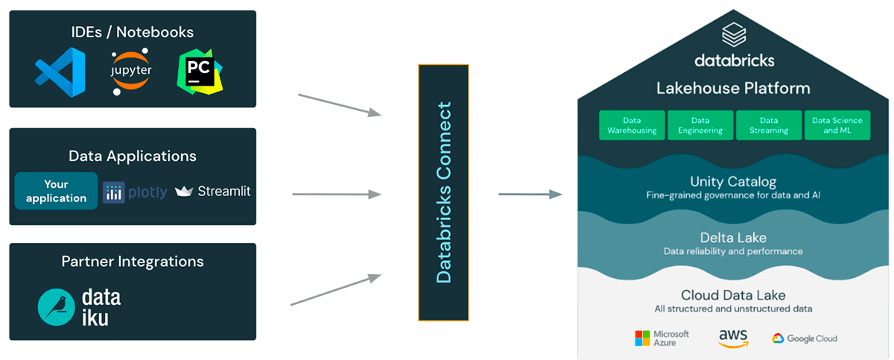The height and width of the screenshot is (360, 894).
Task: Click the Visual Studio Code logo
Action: (60, 72)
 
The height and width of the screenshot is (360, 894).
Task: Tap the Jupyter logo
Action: (130, 72)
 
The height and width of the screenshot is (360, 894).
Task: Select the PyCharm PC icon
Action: (199, 72)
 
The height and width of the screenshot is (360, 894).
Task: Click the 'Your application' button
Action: (57, 191)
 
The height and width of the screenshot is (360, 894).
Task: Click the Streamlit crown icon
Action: (184, 192)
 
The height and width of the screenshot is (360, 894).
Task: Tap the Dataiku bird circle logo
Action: (59, 307)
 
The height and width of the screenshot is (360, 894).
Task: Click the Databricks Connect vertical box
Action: (443, 192)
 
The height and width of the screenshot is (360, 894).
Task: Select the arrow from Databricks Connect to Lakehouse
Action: (530, 195)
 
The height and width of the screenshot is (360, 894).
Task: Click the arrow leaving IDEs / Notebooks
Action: (339, 104)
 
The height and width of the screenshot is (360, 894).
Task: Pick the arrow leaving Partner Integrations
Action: (335, 290)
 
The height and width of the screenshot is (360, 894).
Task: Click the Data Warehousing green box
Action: (632, 125)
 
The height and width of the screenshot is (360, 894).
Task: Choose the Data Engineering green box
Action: (700, 125)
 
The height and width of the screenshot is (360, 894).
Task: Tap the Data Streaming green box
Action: (769, 125)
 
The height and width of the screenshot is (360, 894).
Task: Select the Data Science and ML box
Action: (837, 125)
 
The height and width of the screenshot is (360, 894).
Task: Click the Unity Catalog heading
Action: (733, 182)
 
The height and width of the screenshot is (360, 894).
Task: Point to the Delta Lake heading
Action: (733, 238)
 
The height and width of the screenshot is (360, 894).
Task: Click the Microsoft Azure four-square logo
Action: (642, 338)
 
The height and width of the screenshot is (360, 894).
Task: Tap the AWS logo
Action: (733, 338)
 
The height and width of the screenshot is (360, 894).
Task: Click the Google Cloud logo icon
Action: (779, 338)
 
